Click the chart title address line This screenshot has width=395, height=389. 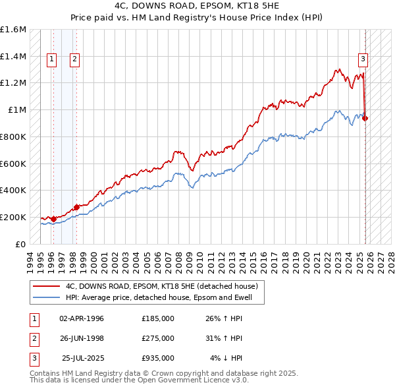tap(197, 6)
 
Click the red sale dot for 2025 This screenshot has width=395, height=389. tap(365, 119)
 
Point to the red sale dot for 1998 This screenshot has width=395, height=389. tap(76, 207)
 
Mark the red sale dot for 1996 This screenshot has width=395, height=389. tap(53, 219)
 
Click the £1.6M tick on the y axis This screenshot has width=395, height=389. tap(13, 30)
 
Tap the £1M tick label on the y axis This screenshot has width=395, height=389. tap(17, 110)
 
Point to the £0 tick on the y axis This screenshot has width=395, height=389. tap(21, 244)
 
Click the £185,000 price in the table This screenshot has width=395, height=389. tap(158, 318)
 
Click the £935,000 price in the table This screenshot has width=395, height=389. tap(158, 358)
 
